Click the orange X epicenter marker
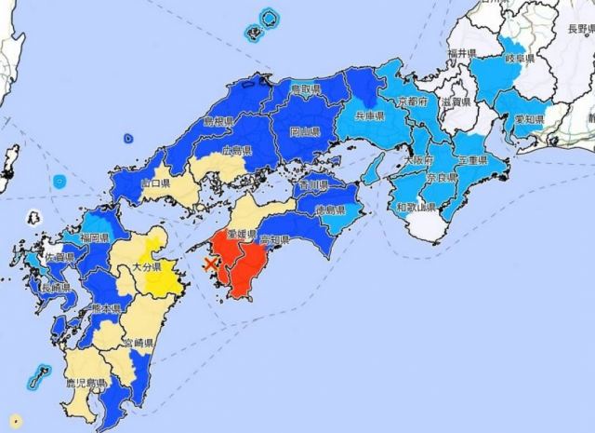pyautogui.click(x=213, y=264)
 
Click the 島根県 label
pyautogui.click(x=219, y=122)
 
